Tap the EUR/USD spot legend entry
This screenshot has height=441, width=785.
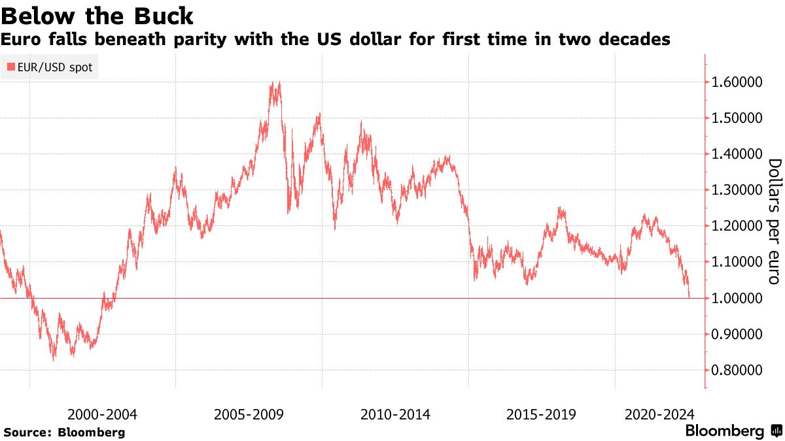pyautogui.click(x=50, y=67)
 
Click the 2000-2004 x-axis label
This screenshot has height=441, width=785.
pyautogui.click(x=102, y=414)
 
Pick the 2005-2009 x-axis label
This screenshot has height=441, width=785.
pyautogui.click(x=249, y=414)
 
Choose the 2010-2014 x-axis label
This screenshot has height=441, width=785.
pyautogui.click(x=395, y=414)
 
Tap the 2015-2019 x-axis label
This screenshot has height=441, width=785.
pyautogui.click(x=541, y=414)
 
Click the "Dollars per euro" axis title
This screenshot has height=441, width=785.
pyautogui.click(x=773, y=221)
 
